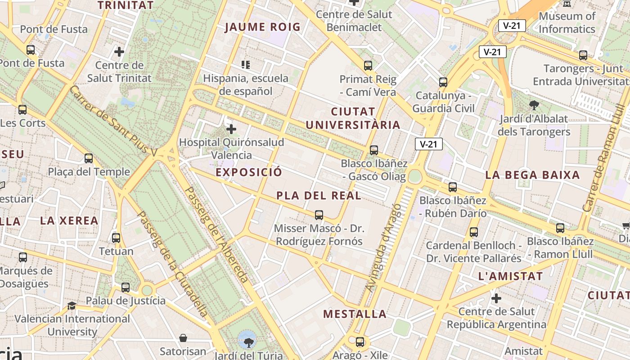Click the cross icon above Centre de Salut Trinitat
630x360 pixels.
click(119, 52)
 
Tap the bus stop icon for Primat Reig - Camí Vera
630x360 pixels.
click(368, 66)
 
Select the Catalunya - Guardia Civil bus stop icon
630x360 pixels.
click(443, 82)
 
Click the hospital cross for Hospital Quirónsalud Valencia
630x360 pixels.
click(231, 129)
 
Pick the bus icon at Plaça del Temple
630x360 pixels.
click(89, 158)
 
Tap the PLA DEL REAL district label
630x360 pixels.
click(319, 196)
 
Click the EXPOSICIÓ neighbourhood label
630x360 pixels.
click(249, 172)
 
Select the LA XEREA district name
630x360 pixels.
click(69, 220)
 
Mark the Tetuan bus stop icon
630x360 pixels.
click(116, 238)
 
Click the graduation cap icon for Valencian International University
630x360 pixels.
click(72, 306)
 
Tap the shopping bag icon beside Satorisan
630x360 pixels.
click(183, 338)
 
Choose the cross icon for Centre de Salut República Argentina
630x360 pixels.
click(496, 298)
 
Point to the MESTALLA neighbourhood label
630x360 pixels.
click(355, 314)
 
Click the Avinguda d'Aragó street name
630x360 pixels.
click(383, 247)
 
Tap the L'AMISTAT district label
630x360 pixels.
click(511, 276)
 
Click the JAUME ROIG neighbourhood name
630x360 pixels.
click(262, 27)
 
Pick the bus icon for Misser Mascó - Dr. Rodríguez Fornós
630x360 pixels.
click(319, 215)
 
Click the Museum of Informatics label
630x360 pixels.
click(567, 22)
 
